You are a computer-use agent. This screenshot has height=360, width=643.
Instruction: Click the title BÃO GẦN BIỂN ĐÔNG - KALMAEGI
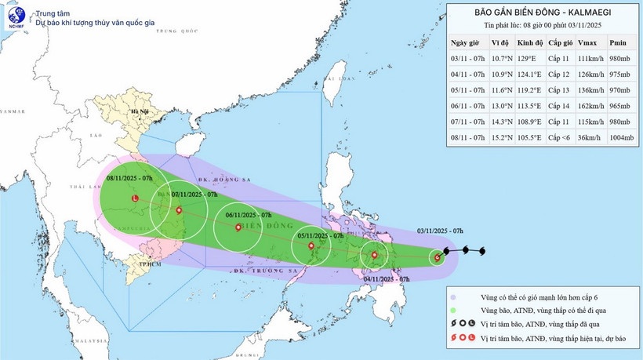[x=543, y=12]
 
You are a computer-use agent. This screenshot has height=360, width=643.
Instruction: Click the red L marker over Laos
[x=135, y=199]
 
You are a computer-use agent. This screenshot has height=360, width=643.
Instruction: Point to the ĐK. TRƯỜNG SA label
[x=262, y=271]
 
